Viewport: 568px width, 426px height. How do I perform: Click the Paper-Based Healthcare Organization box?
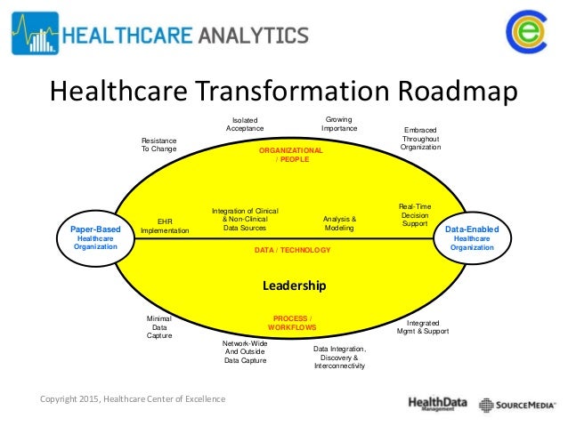tap(95, 237)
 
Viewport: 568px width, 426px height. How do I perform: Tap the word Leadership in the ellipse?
tap(294, 285)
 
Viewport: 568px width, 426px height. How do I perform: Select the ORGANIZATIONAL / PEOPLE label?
tap(290, 156)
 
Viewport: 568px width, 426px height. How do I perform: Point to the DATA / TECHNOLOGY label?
tap(292, 251)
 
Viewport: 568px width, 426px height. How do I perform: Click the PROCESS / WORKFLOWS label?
tap(292, 323)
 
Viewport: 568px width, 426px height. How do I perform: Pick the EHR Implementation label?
tap(165, 225)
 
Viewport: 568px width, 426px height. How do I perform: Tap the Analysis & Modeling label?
tap(338, 223)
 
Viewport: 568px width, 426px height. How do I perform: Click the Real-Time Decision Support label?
tap(415, 214)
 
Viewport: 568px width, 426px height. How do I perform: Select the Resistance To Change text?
tap(159, 145)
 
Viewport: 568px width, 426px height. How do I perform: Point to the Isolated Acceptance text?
tap(245, 125)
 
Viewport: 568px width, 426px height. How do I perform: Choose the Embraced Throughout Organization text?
tap(420, 138)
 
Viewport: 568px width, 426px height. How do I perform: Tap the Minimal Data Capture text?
tap(158, 326)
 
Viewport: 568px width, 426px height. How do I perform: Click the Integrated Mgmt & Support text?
tap(421, 326)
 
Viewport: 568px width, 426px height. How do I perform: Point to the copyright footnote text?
tap(134, 398)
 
